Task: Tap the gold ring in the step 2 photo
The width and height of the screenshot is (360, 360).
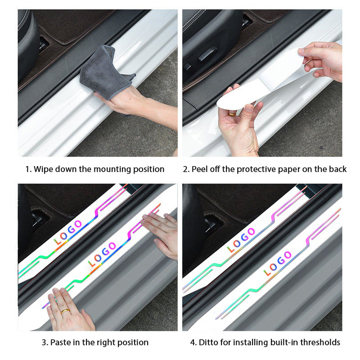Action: (x=232, y=113)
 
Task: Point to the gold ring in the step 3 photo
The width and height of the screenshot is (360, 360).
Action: (x=65, y=311)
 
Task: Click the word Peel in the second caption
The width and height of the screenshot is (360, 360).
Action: (x=199, y=169)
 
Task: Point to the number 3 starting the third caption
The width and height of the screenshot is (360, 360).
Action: (x=44, y=342)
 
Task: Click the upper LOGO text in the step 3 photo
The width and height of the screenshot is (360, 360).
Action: (x=68, y=232)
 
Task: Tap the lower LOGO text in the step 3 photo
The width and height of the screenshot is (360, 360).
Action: (x=102, y=254)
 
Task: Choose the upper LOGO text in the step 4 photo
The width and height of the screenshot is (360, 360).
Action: (x=241, y=240)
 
